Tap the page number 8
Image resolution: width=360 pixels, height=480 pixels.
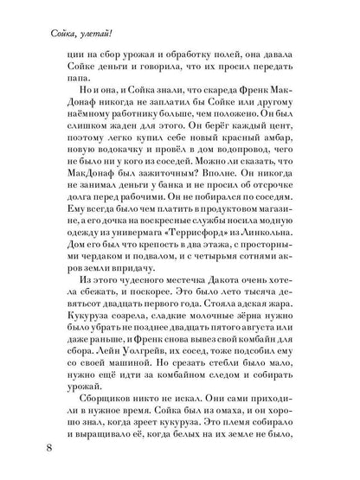32,449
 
